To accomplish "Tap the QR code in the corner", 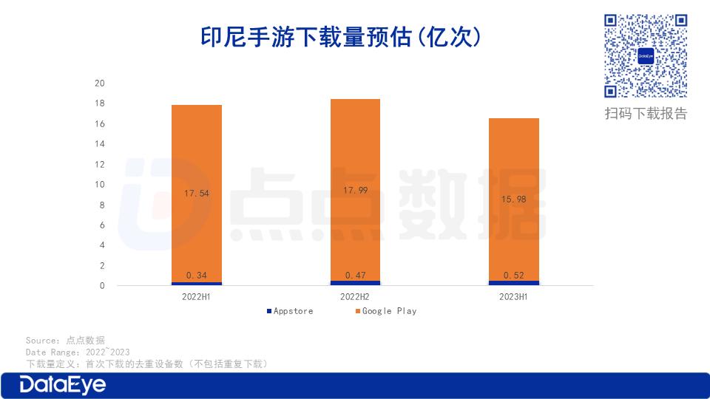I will [x=646, y=55].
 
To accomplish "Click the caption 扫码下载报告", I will [x=646, y=113].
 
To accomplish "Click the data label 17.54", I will [x=196, y=194].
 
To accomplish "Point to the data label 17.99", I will [x=355, y=190].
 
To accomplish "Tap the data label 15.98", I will [x=514, y=199].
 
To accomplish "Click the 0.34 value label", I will [x=196, y=275].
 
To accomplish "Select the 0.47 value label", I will [x=355, y=275].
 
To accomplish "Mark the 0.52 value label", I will [x=514, y=275].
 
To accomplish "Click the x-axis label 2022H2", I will [x=355, y=297].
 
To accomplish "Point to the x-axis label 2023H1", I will [x=514, y=297].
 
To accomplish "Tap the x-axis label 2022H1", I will [x=196, y=297].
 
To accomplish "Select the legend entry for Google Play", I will [x=389, y=311].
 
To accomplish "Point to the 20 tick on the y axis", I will [x=100, y=83].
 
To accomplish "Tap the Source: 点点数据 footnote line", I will [x=65, y=341].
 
